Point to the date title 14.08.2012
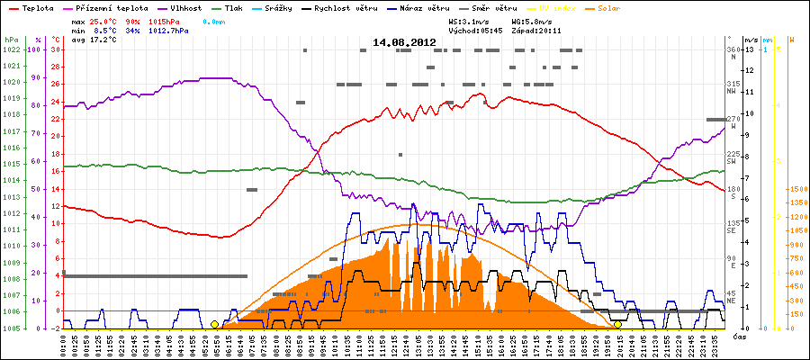pyautogui.click(x=404, y=42)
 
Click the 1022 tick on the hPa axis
pyautogui.click(x=11, y=49)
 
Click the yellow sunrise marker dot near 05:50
pyautogui.click(x=214, y=324)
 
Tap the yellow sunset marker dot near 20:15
pyautogui.click(x=617, y=324)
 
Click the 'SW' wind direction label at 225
pyautogui.click(x=733, y=157)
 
